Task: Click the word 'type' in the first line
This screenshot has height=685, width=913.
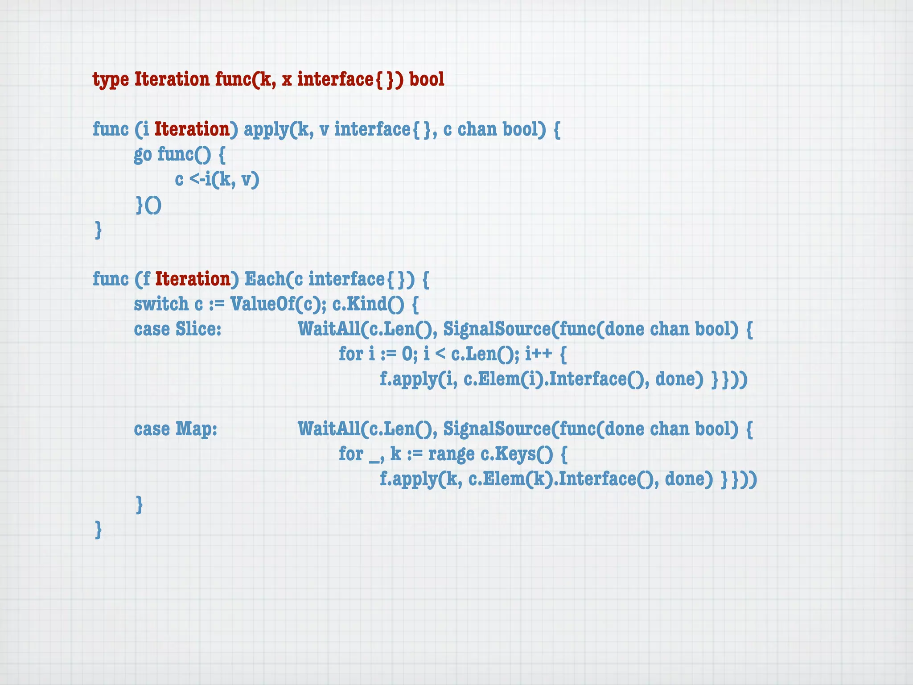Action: click(111, 80)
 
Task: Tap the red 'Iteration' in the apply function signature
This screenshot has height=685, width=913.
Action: click(192, 129)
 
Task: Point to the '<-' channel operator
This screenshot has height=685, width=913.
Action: click(197, 179)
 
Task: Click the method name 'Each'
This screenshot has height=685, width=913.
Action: click(265, 279)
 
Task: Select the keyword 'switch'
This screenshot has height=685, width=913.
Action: click(161, 304)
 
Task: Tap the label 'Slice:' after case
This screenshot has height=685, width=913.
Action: click(198, 329)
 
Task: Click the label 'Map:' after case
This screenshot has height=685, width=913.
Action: click(196, 429)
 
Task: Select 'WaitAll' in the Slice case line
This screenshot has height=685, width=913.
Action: click(329, 329)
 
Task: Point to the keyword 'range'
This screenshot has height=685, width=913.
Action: click(451, 454)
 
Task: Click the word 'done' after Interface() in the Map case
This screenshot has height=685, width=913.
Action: click(688, 479)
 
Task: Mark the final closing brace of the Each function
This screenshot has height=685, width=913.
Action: click(99, 530)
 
